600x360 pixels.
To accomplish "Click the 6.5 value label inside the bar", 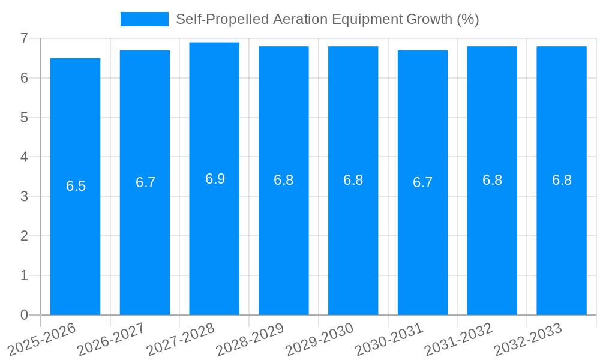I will pos(76,186).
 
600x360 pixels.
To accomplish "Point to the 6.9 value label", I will pos(215,179).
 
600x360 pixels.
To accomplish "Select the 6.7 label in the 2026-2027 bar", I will pos(145,182).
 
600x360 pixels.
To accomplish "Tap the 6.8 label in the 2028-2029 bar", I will pos(283,180).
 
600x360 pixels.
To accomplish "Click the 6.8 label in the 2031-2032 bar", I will pos(492,180).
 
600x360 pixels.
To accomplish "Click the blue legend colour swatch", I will pos(144,19).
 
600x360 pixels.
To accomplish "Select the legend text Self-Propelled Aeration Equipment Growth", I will pos(327,19).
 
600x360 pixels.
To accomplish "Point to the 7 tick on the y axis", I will pos(24,38).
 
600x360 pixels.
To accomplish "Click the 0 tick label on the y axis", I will pos(24,315).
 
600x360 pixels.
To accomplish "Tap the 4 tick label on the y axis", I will pos(24,157).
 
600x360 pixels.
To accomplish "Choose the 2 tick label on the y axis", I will pos(24,236).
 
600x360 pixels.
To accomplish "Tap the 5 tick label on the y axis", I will pos(24,118).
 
